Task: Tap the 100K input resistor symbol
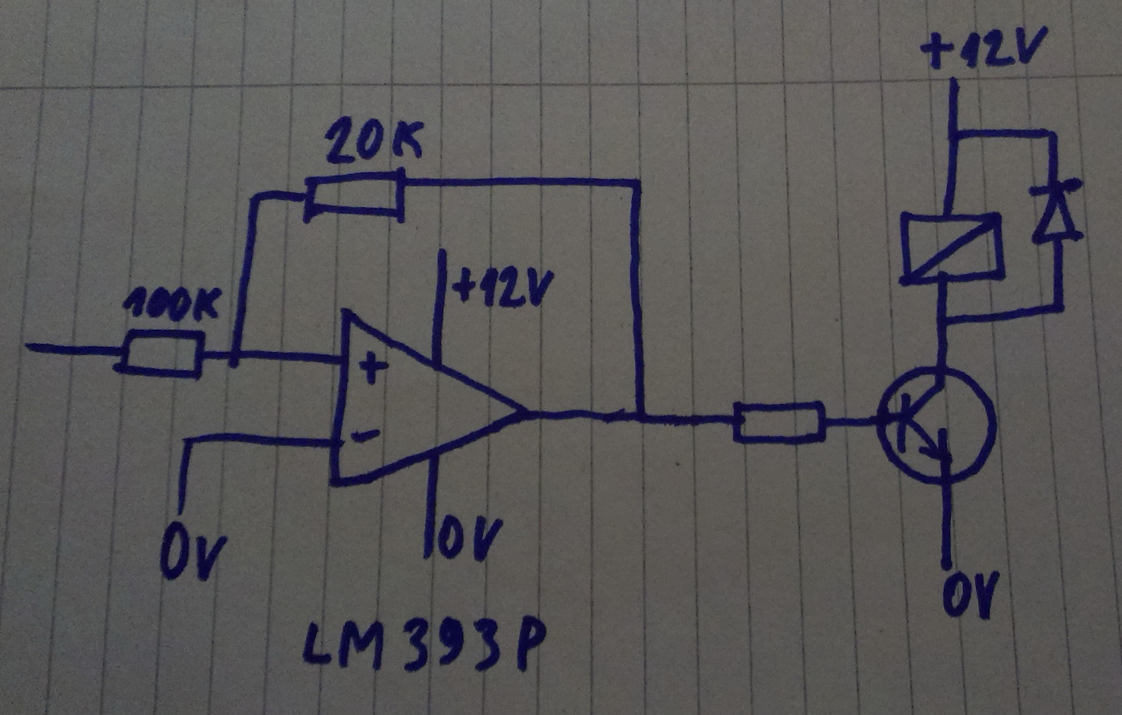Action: coord(160,352)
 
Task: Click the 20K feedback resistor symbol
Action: coord(354,196)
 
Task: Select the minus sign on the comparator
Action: coord(365,437)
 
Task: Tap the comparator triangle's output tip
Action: coord(526,411)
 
